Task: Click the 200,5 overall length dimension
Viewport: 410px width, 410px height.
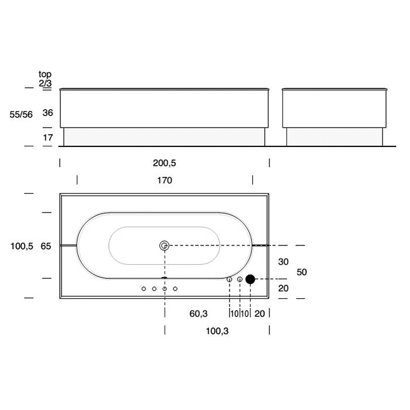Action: tap(165, 163)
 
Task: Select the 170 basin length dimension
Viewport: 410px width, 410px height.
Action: tap(165, 180)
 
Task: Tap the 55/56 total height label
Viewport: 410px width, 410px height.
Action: tap(21, 115)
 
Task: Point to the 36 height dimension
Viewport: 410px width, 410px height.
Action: tap(48, 112)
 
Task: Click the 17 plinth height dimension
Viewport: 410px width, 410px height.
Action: tap(48, 138)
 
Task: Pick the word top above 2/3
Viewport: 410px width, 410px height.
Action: tap(45, 74)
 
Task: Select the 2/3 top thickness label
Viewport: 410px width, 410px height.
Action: tap(45, 83)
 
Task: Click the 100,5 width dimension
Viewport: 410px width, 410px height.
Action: tap(22, 247)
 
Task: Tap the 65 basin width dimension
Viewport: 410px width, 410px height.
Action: tap(46, 247)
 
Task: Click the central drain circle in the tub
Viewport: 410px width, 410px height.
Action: tap(164, 245)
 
